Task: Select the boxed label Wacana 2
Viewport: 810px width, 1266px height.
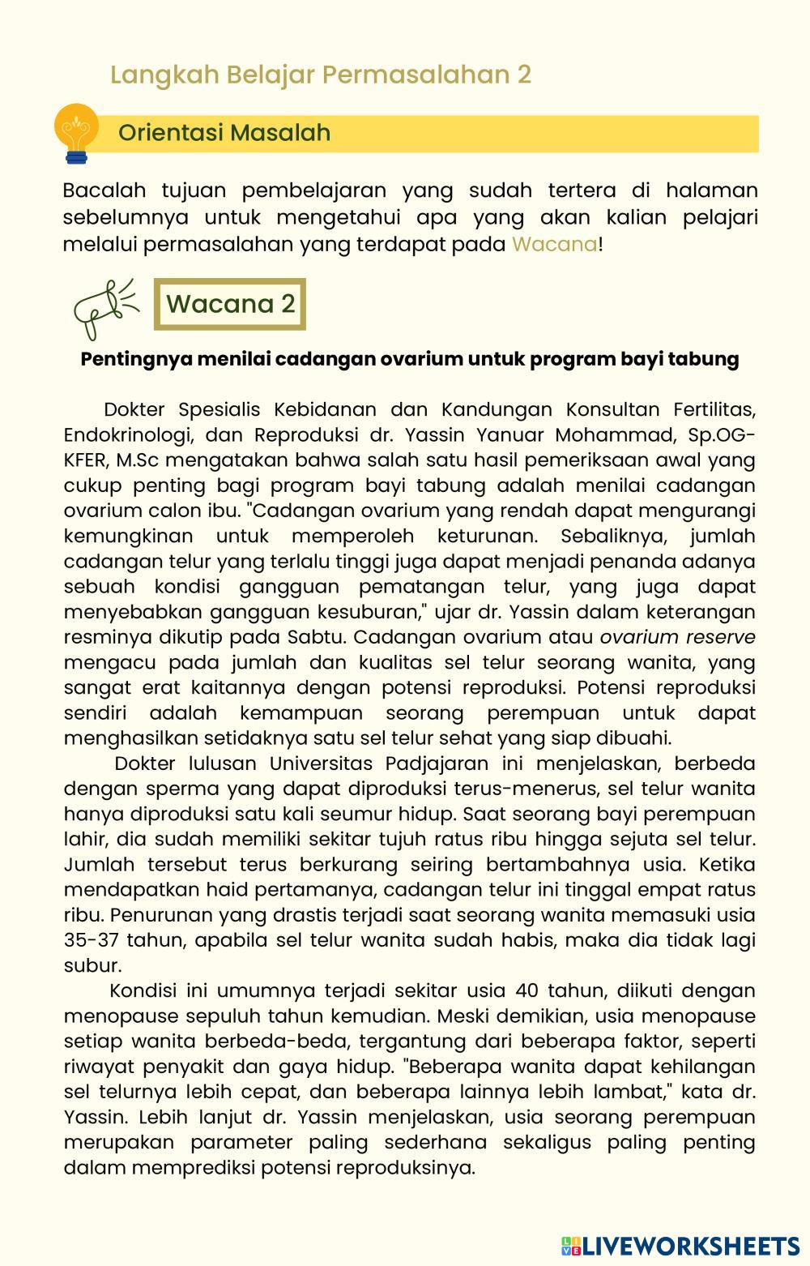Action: pyautogui.click(x=230, y=304)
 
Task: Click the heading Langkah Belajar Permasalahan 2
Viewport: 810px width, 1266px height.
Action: pyautogui.click(x=321, y=75)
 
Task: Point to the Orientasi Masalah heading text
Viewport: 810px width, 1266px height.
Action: pyautogui.click(x=224, y=133)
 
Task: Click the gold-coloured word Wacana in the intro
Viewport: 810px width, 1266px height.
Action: pyautogui.click(x=554, y=244)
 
